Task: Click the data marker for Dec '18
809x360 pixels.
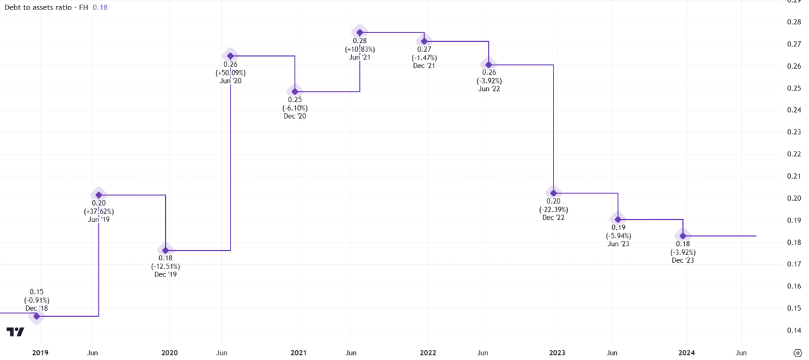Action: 36,316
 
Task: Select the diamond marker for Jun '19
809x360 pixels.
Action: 98,195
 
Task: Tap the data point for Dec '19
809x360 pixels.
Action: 165,250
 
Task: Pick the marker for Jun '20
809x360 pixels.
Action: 230,56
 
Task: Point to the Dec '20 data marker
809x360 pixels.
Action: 295,91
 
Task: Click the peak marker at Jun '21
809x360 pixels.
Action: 359,32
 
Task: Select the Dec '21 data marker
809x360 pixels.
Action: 424,41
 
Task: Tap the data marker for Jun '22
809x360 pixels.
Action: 489,65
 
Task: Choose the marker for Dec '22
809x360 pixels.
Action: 553,193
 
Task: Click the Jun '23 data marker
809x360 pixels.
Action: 618,219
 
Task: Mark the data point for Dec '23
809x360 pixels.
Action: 683,235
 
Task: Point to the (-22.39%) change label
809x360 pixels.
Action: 553,209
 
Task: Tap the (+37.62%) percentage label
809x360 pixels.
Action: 98,210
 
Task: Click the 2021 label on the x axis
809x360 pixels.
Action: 299,353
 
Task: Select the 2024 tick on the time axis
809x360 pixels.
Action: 687,353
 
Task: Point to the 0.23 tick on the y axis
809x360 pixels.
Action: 794,132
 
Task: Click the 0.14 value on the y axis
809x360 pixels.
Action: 794,330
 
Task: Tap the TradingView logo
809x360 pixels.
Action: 16,332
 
